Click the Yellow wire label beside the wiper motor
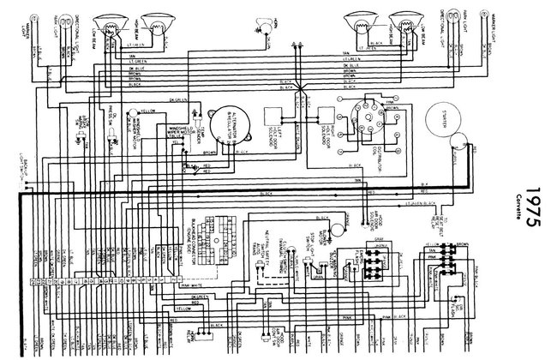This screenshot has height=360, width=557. [x=153, y=110]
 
